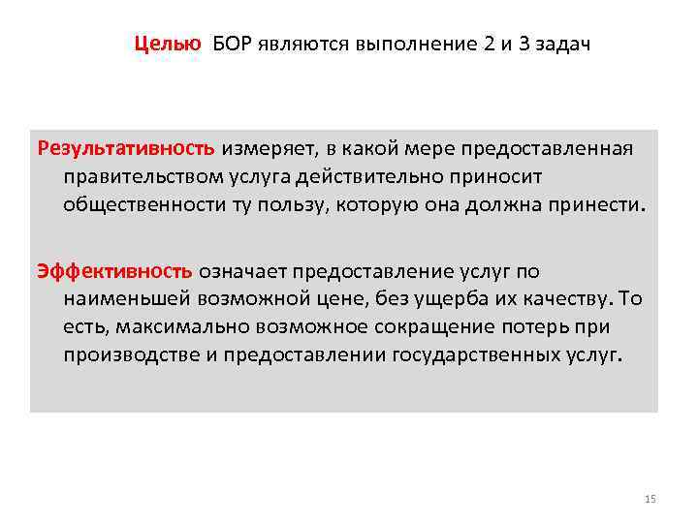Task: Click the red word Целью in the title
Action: (x=168, y=45)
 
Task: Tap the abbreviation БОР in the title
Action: (x=233, y=45)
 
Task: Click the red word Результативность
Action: (x=126, y=150)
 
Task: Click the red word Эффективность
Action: (x=115, y=271)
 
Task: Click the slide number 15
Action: (x=650, y=499)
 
